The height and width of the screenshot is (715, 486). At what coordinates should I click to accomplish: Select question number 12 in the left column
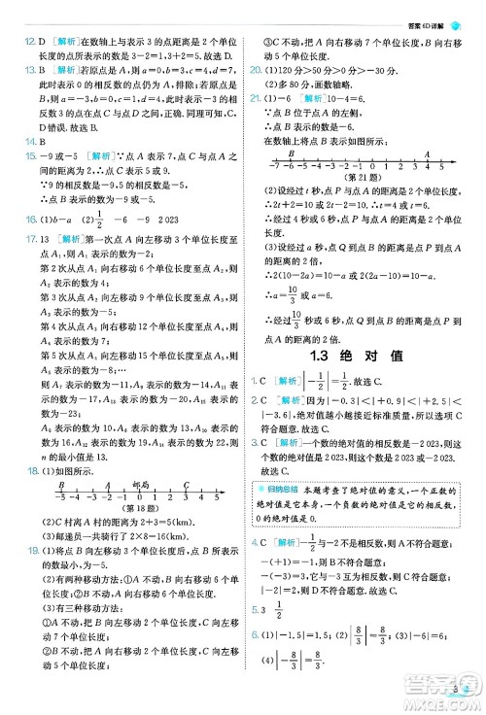17,42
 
